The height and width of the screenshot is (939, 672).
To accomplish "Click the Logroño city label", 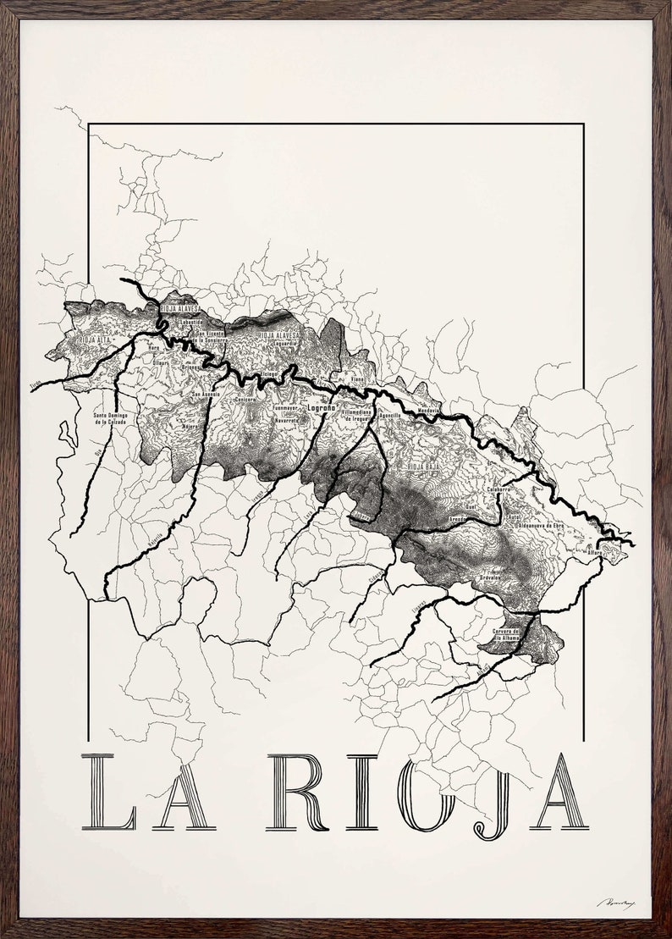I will [x=319, y=408].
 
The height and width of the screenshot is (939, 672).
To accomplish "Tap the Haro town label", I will [x=154, y=347].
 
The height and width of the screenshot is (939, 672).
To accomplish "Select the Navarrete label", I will [x=286, y=420].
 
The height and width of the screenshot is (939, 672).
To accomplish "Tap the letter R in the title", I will [x=296, y=792].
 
